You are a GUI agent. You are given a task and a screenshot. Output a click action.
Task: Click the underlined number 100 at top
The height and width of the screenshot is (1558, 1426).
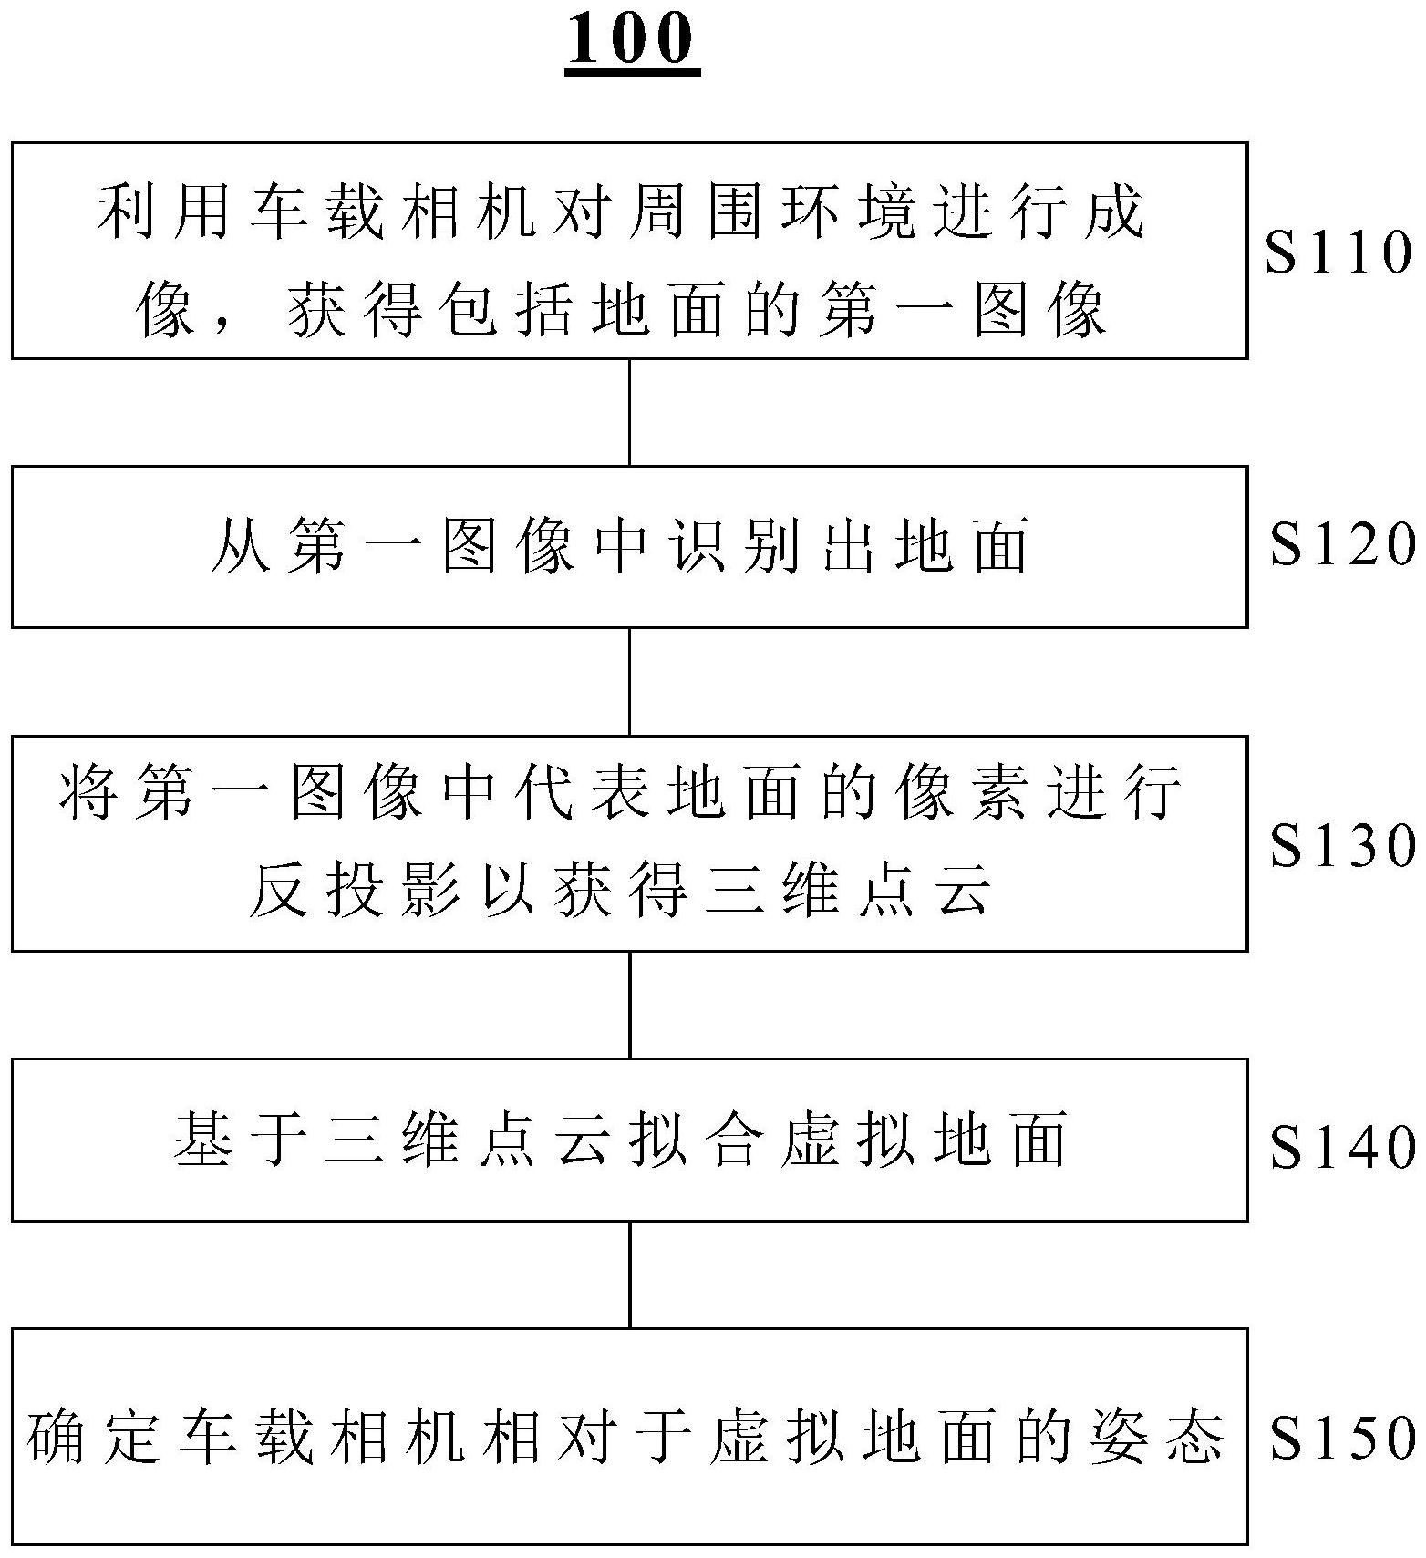632,41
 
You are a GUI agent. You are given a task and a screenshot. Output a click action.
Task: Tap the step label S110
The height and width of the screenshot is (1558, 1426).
1338,253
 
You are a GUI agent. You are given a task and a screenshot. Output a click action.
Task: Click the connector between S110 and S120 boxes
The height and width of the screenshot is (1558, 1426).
630,412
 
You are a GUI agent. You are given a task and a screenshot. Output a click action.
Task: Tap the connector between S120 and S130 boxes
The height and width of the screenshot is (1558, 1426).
630,681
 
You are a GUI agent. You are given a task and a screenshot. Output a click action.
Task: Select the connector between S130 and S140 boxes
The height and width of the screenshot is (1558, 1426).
630,1005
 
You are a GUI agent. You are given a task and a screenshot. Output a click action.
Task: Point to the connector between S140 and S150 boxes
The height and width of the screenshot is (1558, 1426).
630,1274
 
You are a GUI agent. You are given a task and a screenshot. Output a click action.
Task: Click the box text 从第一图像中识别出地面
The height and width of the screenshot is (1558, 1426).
620,547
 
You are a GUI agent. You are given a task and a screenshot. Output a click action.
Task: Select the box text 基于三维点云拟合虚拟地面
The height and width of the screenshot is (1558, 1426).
620,1140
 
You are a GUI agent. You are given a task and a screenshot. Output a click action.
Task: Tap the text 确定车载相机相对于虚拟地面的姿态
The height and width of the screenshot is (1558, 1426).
625,1439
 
